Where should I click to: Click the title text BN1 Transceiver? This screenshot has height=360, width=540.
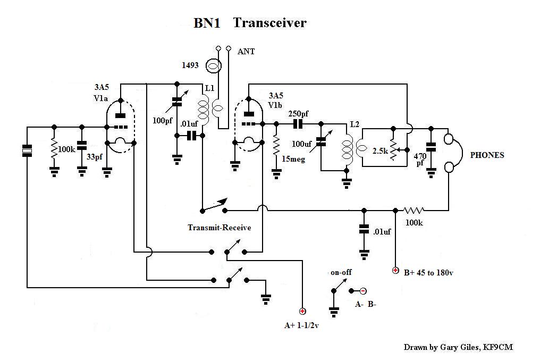tap(249, 23)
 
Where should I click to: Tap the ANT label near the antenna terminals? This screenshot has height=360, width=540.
tap(246, 52)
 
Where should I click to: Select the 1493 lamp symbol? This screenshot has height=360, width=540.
tap(213, 66)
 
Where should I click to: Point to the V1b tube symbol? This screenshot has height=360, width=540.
tap(248, 123)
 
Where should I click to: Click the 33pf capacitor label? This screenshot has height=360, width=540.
tap(96, 157)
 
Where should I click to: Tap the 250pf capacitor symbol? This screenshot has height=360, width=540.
tap(298, 123)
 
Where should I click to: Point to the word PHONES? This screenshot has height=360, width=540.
tap(487, 155)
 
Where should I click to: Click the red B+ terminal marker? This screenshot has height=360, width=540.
tap(395, 271)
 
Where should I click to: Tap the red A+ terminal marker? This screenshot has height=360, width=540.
tap(302, 312)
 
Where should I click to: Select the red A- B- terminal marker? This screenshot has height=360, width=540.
tap(363, 291)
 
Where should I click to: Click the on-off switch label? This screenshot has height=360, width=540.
tap(341, 272)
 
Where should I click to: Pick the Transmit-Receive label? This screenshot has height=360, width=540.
tap(220, 228)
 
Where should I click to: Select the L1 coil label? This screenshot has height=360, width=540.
tap(209, 89)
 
